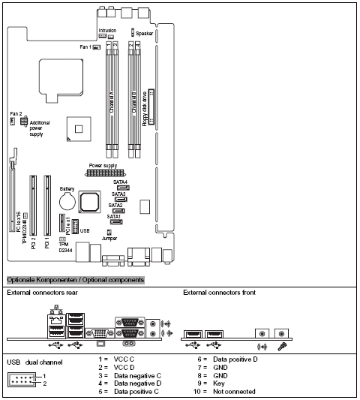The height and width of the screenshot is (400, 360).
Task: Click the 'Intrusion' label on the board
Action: (x=108, y=31)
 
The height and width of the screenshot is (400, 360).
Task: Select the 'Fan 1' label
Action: (x=85, y=47)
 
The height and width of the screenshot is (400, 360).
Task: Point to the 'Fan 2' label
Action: (x=15, y=113)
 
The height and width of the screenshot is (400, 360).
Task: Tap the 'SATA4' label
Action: (x=121, y=182)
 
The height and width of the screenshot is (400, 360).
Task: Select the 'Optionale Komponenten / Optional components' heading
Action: (x=75, y=279)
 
